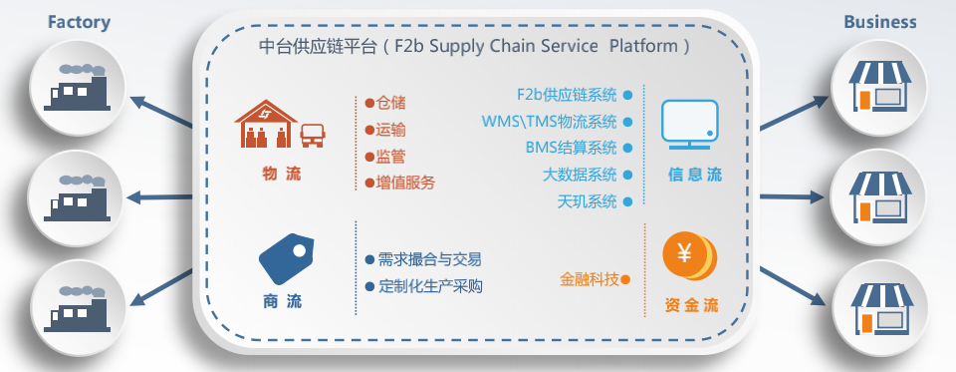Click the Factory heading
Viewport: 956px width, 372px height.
pos(80,23)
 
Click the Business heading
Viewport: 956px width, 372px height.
pos(879,23)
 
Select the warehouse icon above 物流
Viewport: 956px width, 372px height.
pos(266,124)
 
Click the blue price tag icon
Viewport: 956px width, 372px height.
pos(286,258)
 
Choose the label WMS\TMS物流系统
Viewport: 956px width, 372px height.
pos(550,122)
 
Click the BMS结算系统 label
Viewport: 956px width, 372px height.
pos(572,148)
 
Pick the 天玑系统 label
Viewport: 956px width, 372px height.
pos(588,201)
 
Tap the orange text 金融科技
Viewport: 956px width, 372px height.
pos(590,280)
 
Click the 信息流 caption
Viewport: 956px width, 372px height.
pos(695,176)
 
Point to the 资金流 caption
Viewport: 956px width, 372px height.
pos(691,305)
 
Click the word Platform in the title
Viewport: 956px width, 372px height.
pos(643,47)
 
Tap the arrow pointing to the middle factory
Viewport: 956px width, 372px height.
pos(159,197)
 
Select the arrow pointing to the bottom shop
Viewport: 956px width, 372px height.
pos(794,286)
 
